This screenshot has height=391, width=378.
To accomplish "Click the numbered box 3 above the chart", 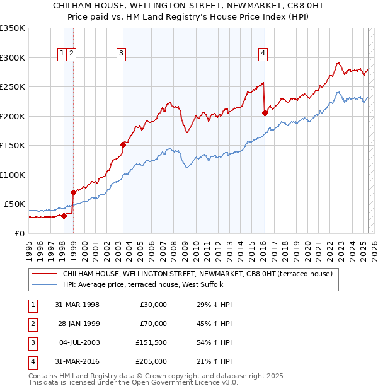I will point(120,54).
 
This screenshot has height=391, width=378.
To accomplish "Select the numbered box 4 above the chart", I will point(262,54).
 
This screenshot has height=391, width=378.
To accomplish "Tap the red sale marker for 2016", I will point(265,114).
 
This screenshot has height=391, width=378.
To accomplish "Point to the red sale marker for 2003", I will point(123,144).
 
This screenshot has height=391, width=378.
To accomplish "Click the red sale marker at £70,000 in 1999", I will point(73,192).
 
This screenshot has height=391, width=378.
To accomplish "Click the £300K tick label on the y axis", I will point(13,57).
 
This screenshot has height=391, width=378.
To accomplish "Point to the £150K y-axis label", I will point(13,145).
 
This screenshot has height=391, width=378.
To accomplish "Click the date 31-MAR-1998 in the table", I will point(77,305).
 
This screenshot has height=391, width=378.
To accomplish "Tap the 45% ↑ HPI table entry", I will point(210,324).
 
